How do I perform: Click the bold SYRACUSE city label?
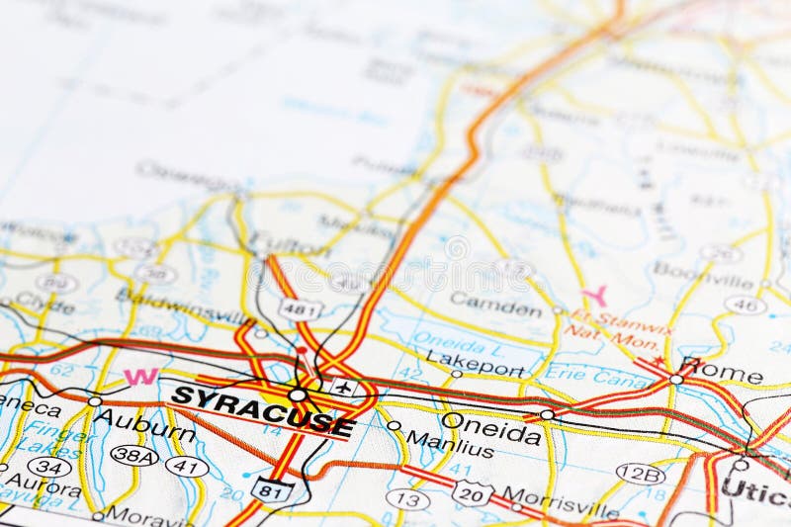(x=262, y=409)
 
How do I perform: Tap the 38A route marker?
(x=133, y=455)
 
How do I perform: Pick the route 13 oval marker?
(x=407, y=498)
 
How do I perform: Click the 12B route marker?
(x=640, y=475)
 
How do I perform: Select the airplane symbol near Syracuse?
(x=343, y=387)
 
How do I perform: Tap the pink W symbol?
(x=140, y=377)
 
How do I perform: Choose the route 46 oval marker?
(x=745, y=305)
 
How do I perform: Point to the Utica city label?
(x=756, y=487)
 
